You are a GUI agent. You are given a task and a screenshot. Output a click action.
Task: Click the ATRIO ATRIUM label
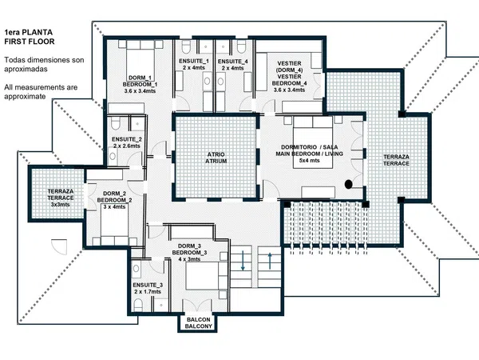[216, 158]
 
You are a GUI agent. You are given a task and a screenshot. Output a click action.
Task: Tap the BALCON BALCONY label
[198, 323]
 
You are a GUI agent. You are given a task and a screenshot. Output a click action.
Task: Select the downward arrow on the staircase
[243, 261]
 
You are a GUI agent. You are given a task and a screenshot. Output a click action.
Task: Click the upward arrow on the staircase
[270, 261]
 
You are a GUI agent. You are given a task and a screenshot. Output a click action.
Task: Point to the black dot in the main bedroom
[349, 184]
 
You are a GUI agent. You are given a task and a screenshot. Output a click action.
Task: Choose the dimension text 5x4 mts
[310, 161]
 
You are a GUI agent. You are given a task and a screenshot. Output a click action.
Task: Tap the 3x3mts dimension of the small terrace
[61, 205]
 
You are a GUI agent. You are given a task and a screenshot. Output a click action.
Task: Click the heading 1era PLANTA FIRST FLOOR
[30, 37]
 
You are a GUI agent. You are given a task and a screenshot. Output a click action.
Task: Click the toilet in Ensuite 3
[138, 306]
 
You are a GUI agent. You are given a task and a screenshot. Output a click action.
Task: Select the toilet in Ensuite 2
[115, 123]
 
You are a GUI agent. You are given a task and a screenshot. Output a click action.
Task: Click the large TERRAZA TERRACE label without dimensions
[396, 160]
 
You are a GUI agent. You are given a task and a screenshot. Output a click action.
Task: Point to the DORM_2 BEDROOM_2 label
[114, 197]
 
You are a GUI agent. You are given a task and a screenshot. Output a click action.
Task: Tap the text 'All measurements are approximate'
[41, 92]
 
